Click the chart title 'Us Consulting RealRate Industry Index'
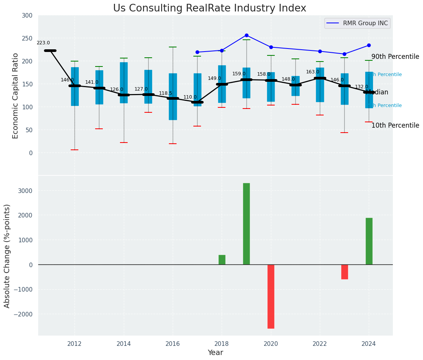coord(209,8)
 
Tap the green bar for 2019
coord(246,224)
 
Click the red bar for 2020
coord(271,296)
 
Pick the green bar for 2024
coord(369,241)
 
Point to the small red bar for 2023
coord(344,272)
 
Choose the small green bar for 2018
coord(222,259)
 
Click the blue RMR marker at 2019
coord(246,35)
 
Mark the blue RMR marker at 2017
coord(197,52)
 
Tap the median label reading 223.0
coord(43,43)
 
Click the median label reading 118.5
coord(165,93)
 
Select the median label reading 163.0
coord(313,72)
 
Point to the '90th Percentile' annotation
coord(395,57)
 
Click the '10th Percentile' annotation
coord(395,125)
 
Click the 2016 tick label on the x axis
coord(173,344)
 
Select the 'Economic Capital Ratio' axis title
coord(15,96)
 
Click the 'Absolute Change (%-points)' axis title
coord(7,256)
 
